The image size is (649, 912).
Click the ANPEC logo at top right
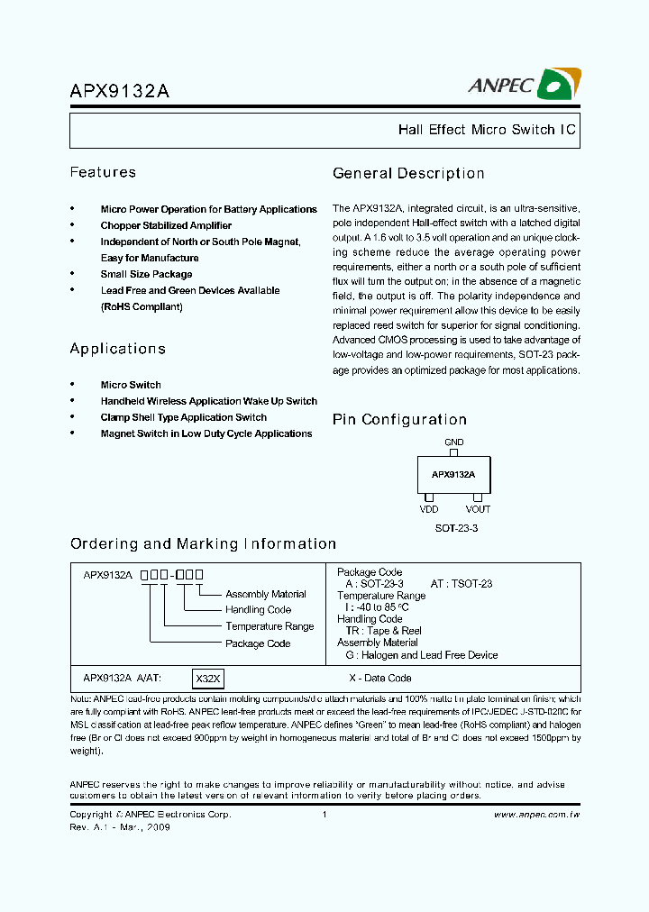[x=524, y=85]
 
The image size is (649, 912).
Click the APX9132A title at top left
[x=119, y=91]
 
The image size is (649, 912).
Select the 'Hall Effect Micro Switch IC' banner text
[x=486, y=130]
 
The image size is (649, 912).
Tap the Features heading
[x=103, y=172]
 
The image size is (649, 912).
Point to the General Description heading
[x=408, y=173]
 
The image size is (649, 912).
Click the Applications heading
[x=117, y=348]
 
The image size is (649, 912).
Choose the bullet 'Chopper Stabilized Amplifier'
[x=166, y=225]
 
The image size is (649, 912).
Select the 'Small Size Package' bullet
[x=146, y=274]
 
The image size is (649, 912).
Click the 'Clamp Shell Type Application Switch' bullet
[x=183, y=417]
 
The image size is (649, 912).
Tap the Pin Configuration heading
[x=399, y=419]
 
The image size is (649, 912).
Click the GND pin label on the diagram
[x=454, y=442]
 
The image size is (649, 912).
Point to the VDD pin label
[x=429, y=509]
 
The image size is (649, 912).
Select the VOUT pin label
[x=479, y=509]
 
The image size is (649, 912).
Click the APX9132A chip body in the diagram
[x=453, y=474]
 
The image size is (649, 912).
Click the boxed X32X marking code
[x=208, y=678]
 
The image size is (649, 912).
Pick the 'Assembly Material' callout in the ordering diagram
[x=265, y=594]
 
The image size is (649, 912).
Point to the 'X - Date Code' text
[x=379, y=678]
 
